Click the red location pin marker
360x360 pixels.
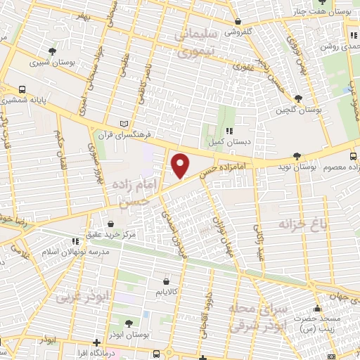[181, 166]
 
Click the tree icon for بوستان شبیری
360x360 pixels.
[53, 51]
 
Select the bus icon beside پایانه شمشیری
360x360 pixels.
[23, 90]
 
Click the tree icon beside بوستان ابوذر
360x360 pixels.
[129, 323]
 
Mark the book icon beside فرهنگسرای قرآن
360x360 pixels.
[125, 123]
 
